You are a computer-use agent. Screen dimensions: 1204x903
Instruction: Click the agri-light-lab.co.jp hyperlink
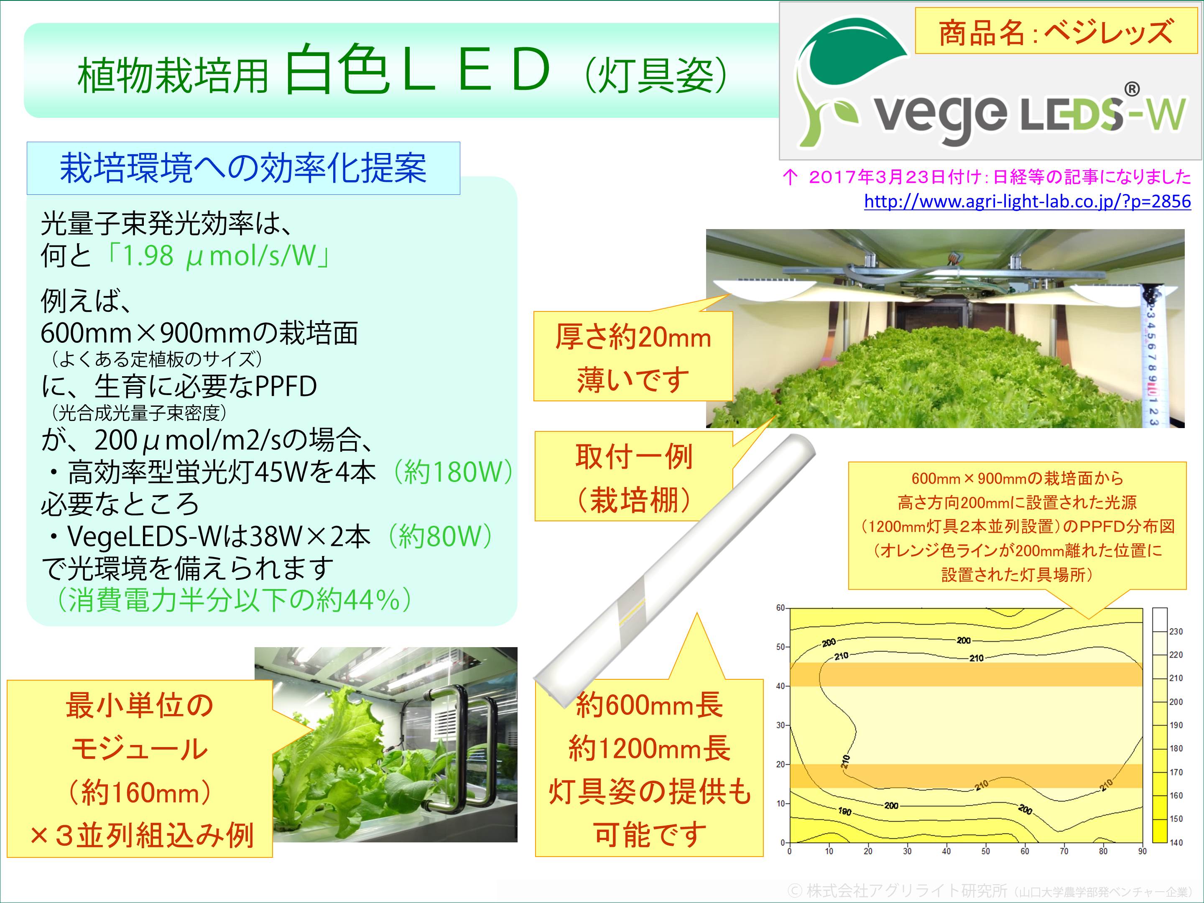click(1027, 202)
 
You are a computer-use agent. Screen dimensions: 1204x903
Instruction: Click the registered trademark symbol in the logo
click(1132, 89)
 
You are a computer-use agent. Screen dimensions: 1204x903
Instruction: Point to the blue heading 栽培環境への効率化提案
click(243, 168)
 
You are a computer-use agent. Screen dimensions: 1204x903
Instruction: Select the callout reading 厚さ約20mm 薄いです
click(633, 357)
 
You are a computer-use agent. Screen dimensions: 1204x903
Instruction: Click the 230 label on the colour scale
click(1176, 631)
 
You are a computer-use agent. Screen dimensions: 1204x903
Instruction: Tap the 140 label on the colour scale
click(1176, 842)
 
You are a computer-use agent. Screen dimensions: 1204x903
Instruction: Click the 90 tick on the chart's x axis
click(1142, 851)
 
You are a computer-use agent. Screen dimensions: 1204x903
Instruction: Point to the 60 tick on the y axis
click(780, 608)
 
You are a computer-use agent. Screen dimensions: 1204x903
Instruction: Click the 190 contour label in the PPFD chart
click(845, 811)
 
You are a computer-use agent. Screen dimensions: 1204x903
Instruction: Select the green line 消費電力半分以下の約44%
click(234, 600)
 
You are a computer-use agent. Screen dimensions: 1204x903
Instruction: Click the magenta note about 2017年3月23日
click(986, 176)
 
